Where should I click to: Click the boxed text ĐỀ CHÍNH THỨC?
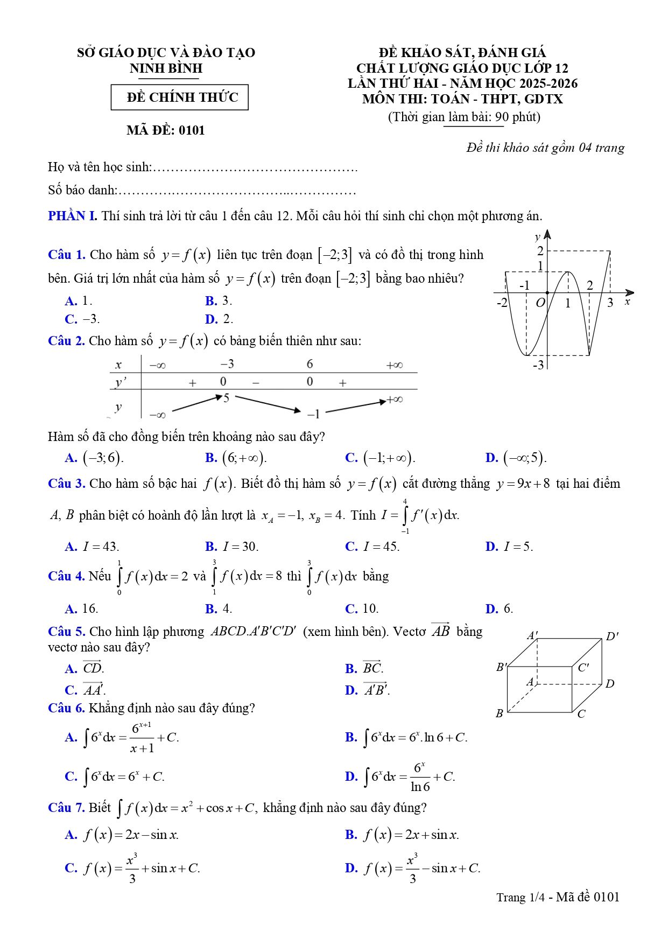tap(180, 97)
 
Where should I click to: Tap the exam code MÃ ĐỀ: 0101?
tap(166, 130)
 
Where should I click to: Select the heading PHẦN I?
tap(72, 216)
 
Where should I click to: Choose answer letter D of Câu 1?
tap(211, 319)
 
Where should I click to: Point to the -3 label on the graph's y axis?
tap(538, 365)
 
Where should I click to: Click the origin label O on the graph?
tap(540, 303)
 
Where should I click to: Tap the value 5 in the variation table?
tap(226, 398)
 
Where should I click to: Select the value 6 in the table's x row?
tap(310, 364)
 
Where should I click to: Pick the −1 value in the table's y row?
tap(314, 414)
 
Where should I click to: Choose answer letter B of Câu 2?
tap(211, 458)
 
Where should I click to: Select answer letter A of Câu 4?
tap(71, 609)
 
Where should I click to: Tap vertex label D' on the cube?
tap(612, 636)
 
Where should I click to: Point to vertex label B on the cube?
tap(499, 713)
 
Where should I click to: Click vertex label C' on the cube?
tap(583, 668)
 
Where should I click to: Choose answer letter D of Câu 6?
tap(351, 776)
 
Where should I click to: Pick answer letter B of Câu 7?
tap(351, 835)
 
